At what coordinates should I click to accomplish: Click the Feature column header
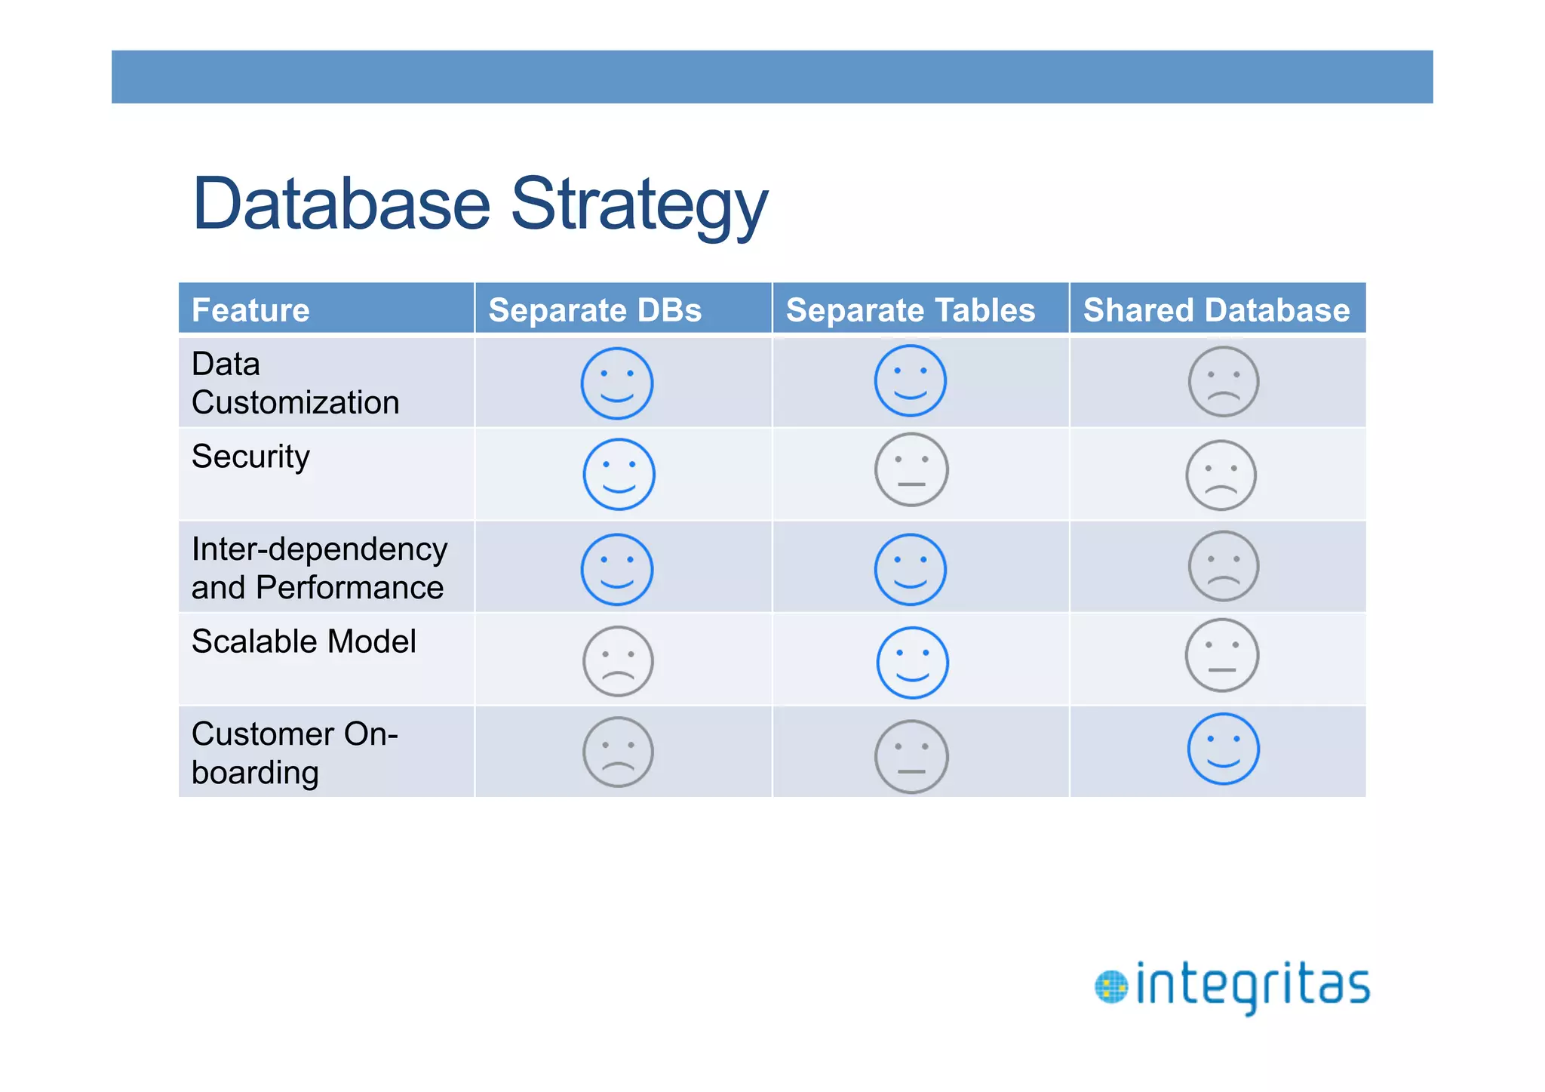250,310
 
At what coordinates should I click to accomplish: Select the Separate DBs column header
594,310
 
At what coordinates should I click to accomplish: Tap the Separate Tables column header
910,310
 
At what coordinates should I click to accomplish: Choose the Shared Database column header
1216,310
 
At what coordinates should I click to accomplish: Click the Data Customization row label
295,383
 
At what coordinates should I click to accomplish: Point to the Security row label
250,457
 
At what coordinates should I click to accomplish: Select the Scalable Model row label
303,641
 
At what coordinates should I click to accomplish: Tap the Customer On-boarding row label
294,753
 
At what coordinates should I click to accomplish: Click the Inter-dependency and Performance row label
318,568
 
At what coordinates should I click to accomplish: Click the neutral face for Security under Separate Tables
911,469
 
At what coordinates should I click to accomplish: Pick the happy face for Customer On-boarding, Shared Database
1223,749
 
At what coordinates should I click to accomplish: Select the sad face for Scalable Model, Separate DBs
618,661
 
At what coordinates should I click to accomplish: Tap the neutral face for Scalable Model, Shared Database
1221,655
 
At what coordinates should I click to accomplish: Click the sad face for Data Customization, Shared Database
1223,382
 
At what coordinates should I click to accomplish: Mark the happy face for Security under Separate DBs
619,474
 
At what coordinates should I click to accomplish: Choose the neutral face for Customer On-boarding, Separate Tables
911,756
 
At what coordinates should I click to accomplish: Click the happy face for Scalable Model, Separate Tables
912,663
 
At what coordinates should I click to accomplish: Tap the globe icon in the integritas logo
1110,987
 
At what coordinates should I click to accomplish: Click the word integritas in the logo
1252,986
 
